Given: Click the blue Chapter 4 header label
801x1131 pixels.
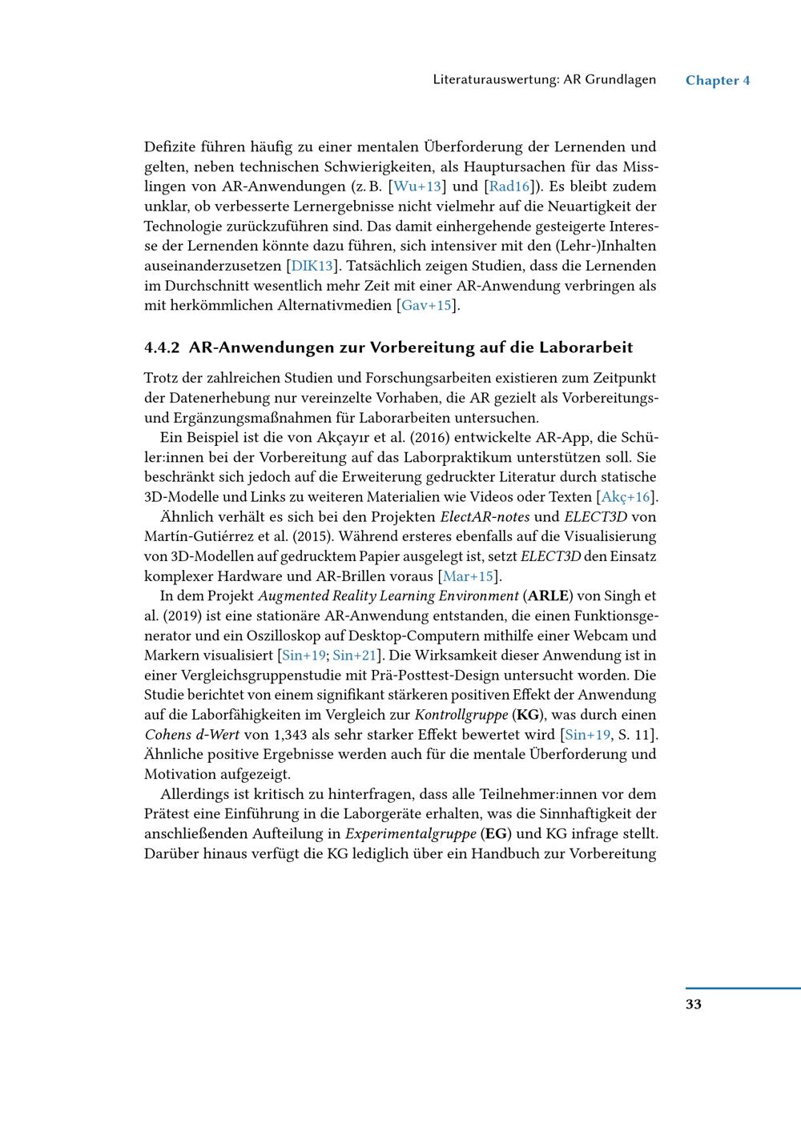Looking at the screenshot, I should coord(718,80).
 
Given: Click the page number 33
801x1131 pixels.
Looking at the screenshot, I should coord(694,1004).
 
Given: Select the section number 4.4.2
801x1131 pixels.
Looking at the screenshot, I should coord(163,347).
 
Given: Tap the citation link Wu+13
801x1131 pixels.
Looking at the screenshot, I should coord(417,186).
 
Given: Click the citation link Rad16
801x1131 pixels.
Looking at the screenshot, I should coord(509,186).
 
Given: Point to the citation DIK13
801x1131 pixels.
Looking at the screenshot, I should coord(311,266).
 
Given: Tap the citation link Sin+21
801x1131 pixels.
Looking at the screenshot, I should coord(354,655).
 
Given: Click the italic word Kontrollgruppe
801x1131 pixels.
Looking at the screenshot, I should coord(460,714).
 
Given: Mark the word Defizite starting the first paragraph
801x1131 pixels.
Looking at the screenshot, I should coord(169,146).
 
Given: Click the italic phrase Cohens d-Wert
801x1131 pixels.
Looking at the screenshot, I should coord(186,734).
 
